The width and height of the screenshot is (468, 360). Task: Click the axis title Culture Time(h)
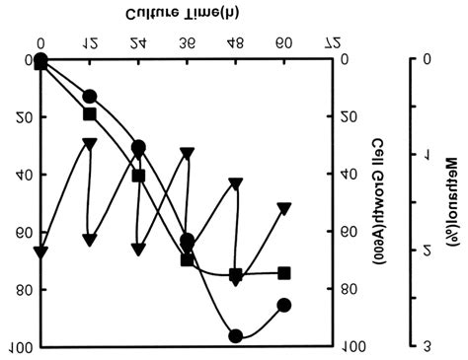pyautogui.click(x=186, y=16)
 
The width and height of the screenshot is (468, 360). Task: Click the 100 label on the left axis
pyautogui.click(x=21, y=347)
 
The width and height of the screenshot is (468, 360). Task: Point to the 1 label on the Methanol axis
pyautogui.click(x=428, y=155)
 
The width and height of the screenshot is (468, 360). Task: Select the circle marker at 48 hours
pyautogui.click(x=235, y=335)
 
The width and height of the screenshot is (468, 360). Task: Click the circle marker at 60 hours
pyautogui.click(x=284, y=305)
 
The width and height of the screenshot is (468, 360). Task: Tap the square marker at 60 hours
pyautogui.click(x=284, y=273)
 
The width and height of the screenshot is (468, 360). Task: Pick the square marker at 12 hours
pyautogui.click(x=90, y=114)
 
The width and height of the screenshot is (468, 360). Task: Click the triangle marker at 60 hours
pyautogui.click(x=284, y=208)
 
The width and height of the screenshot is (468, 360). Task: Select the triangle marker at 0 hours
pyautogui.click(x=40, y=252)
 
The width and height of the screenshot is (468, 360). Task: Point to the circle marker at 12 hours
pyautogui.click(x=90, y=97)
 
